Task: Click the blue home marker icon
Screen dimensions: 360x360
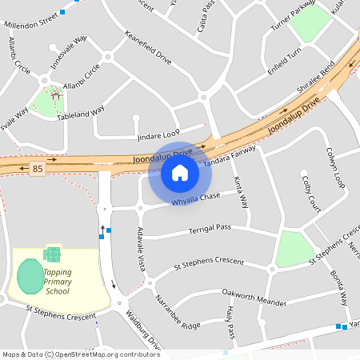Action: click(x=180, y=172)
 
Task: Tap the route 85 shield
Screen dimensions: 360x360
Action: click(x=38, y=169)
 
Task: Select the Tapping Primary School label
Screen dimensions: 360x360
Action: click(x=57, y=282)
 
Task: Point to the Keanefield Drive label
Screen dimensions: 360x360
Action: click(x=148, y=48)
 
